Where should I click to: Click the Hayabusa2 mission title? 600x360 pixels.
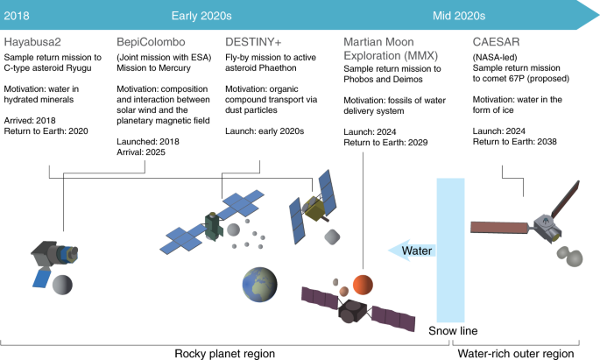(x=34, y=41)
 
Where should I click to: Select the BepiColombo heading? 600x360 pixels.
(x=150, y=41)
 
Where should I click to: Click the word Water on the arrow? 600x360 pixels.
(x=417, y=251)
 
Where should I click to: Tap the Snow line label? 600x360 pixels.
(x=452, y=331)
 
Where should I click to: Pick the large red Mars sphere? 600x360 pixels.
(x=361, y=283)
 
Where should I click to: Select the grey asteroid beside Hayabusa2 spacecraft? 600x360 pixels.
(x=63, y=286)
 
